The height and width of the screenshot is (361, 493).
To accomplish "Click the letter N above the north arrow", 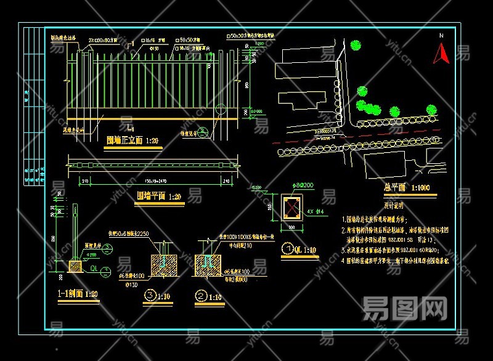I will (x=441, y=36).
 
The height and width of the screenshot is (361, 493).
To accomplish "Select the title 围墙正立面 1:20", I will (x=132, y=140).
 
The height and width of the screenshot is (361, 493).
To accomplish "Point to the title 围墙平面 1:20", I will (x=159, y=197).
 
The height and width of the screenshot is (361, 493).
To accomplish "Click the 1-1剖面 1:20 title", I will (x=78, y=294).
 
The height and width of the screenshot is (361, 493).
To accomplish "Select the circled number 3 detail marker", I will (x=150, y=296).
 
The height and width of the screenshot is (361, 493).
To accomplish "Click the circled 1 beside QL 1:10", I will (x=287, y=250).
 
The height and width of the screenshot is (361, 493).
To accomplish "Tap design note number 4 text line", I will (x=394, y=261).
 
